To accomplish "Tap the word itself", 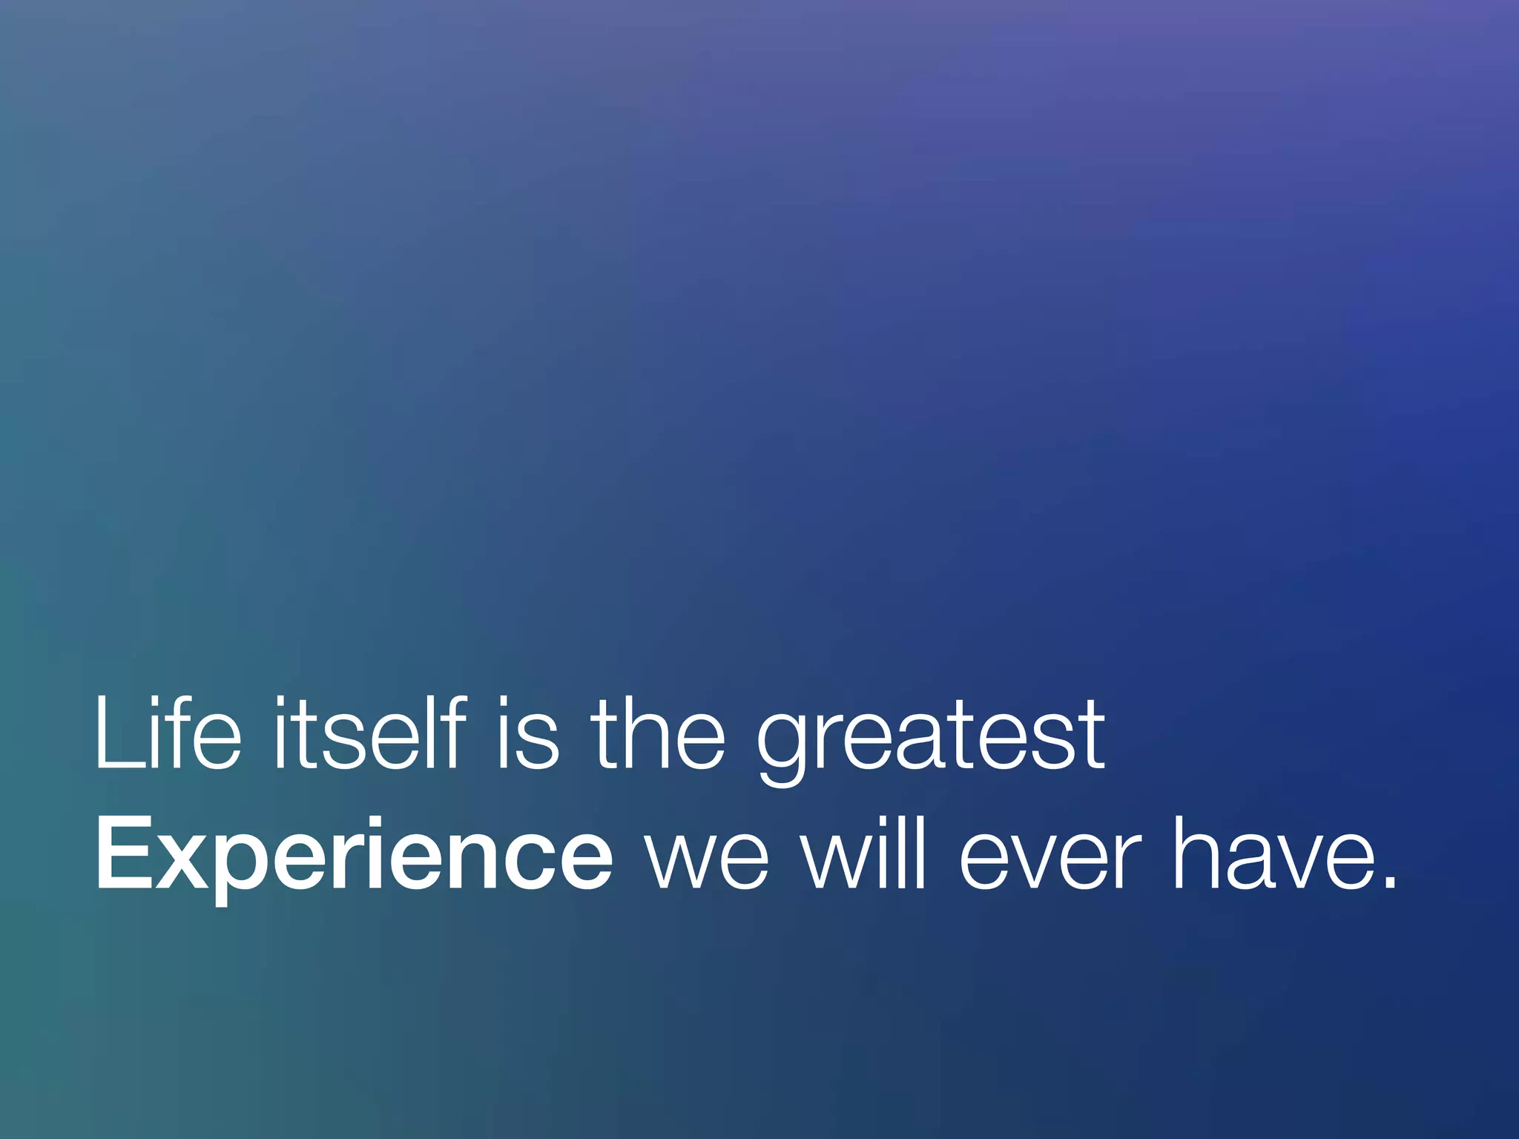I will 369,734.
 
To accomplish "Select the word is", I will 527,734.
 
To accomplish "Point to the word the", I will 657,734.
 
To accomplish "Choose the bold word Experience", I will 355,854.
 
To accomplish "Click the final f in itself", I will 453,734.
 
